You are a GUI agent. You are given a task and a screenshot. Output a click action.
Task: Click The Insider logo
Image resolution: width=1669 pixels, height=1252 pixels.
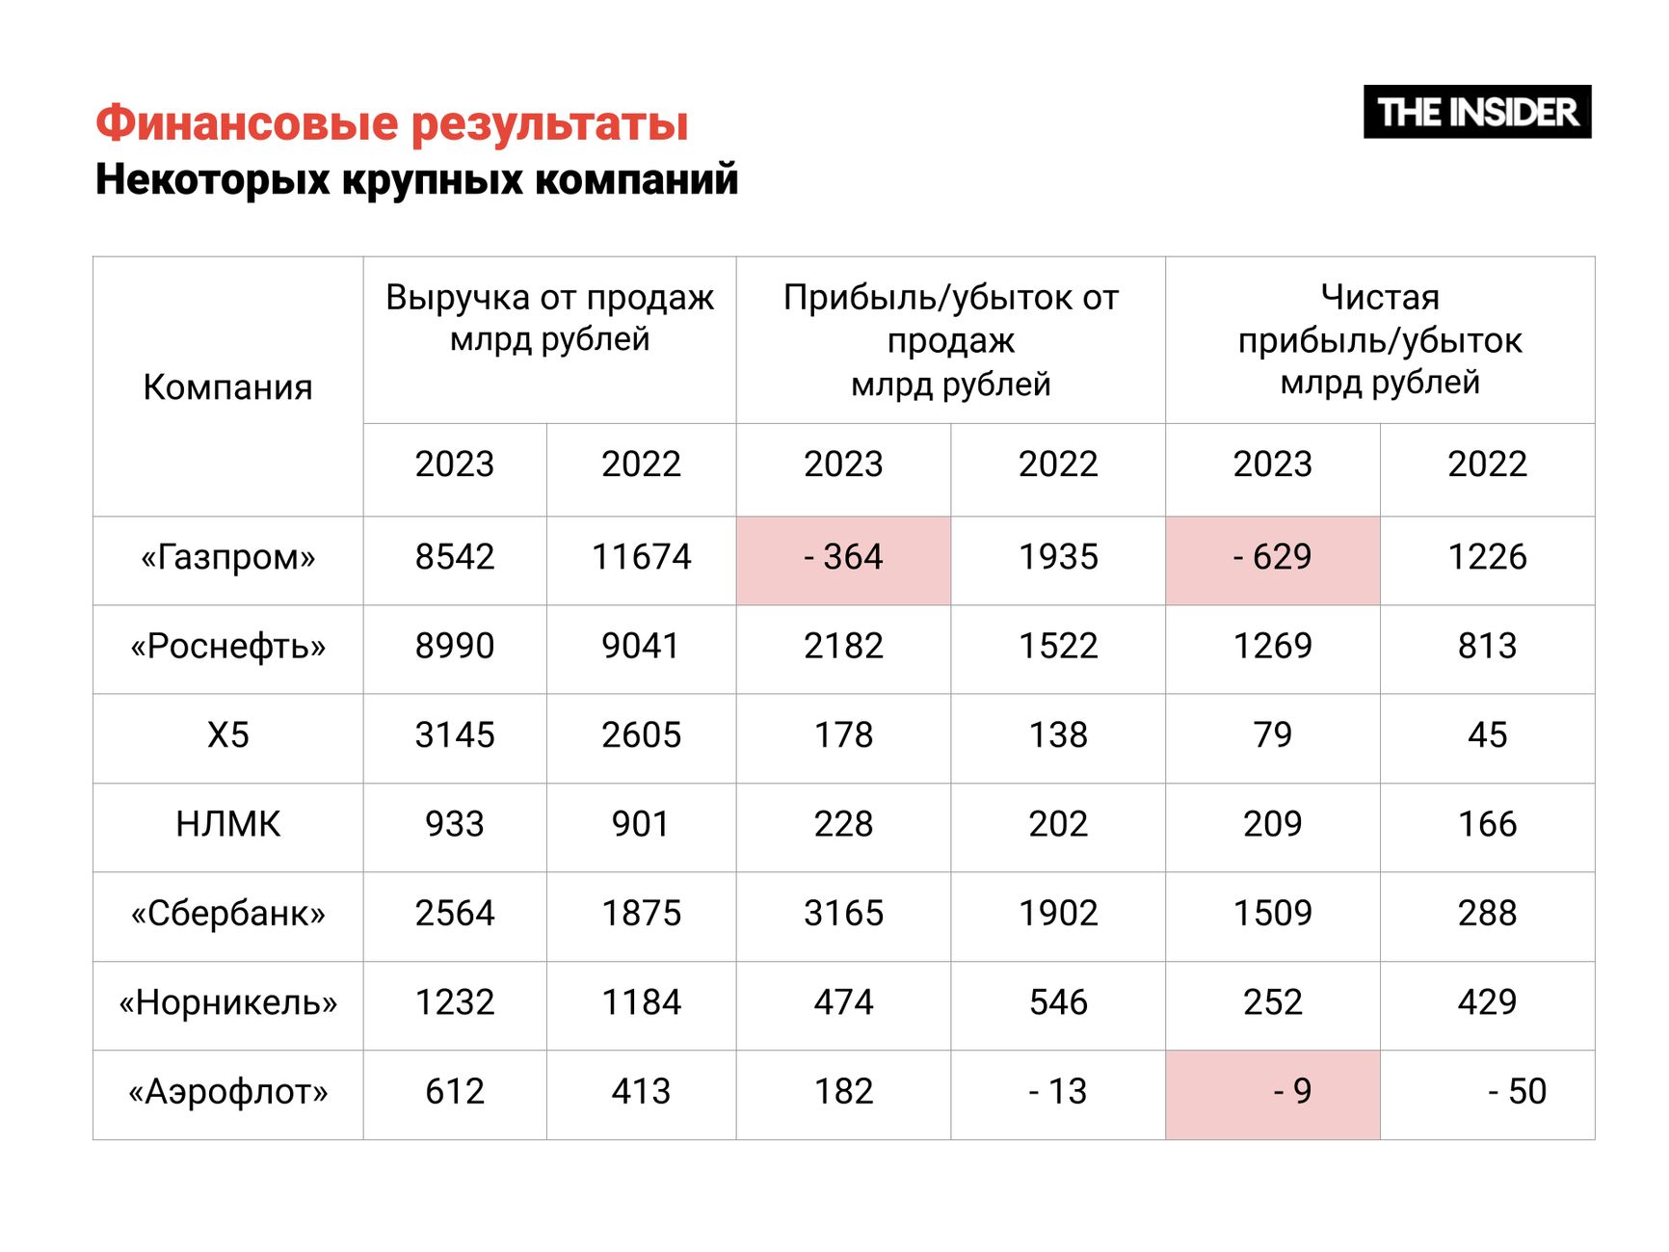click(x=1476, y=112)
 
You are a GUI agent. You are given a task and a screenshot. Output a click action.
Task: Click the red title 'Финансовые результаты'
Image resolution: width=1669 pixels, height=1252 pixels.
click(x=391, y=123)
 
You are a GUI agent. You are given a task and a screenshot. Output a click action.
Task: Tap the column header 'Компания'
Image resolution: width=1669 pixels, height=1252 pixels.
click(x=227, y=387)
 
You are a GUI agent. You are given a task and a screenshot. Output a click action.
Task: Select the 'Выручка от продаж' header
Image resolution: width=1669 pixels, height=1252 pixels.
click(x=549, y=318)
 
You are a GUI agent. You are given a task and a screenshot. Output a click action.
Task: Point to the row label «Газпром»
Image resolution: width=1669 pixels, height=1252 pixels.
click(x=227, y=558)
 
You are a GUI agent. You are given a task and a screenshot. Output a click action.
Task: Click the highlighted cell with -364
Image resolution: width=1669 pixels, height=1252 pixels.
click(x=843, y=558)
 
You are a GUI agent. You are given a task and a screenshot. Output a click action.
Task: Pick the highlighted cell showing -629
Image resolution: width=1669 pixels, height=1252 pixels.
click(x=1272, y=558)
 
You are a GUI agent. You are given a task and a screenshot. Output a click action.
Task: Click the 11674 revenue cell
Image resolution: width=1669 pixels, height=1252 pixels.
click(x=641, y=558)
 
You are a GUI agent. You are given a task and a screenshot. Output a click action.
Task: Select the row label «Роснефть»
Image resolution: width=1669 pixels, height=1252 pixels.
click(x=227, y=647)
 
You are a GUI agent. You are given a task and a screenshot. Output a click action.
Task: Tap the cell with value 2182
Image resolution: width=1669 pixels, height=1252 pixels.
click(x=843, y=647)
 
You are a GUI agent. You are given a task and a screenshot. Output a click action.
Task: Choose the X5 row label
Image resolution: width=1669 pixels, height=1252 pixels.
click(x=227, y=736)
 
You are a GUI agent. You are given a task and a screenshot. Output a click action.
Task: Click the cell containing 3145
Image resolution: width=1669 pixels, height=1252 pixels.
click(x=454, y=736)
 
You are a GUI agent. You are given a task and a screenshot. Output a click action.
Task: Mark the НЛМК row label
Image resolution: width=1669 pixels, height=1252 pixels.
click(x=227, y=825)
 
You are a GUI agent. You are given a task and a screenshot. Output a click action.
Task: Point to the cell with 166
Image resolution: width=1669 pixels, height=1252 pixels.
click(x=1487, y=825)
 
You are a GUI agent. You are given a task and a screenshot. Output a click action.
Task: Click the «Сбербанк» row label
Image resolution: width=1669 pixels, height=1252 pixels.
click(x=227, y=914)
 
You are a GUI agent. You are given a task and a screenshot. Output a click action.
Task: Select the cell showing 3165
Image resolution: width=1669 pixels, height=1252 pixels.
click(x=843, y=914)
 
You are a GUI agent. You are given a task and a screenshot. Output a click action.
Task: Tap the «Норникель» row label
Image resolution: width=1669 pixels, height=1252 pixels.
click(x=227, y=1003)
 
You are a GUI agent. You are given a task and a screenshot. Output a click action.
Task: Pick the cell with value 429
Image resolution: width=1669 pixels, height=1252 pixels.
click(x=1487, y=1003)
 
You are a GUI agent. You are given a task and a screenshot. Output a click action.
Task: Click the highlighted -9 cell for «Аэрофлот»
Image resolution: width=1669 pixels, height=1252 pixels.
click(x=1272, y=1092)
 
